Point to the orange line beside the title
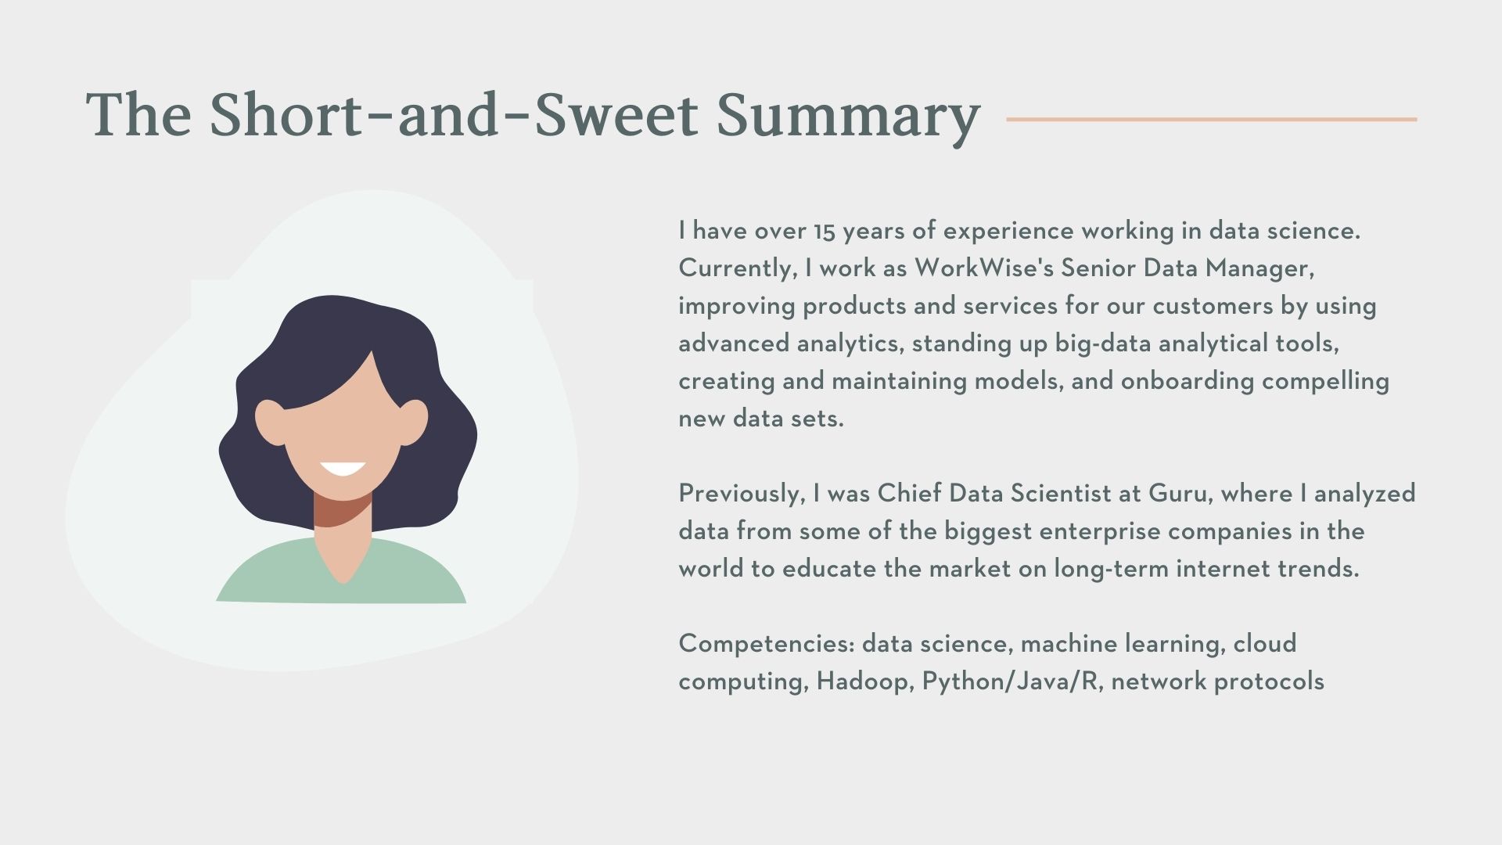coord(1211,119)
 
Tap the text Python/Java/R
coord(1012,681)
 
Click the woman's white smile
coord(343,469)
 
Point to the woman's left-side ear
coord(268,422)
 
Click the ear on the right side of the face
coord(415,422)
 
